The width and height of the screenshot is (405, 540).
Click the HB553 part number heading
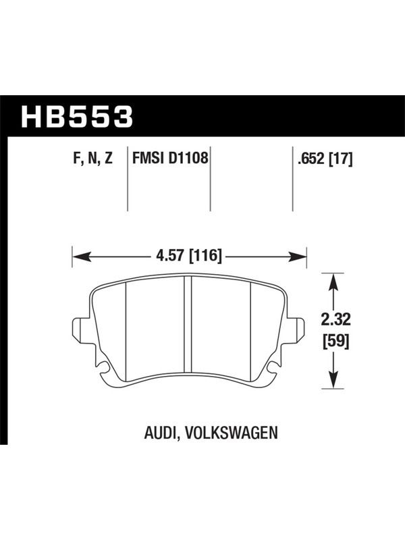77,116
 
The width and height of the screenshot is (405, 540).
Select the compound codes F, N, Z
93,159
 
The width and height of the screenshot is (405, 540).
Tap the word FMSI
148,159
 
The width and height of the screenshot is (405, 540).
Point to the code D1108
189,159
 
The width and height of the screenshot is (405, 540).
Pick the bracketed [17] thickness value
341,159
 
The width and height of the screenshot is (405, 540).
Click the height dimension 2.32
335,320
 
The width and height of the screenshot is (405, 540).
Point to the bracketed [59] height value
335,342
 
